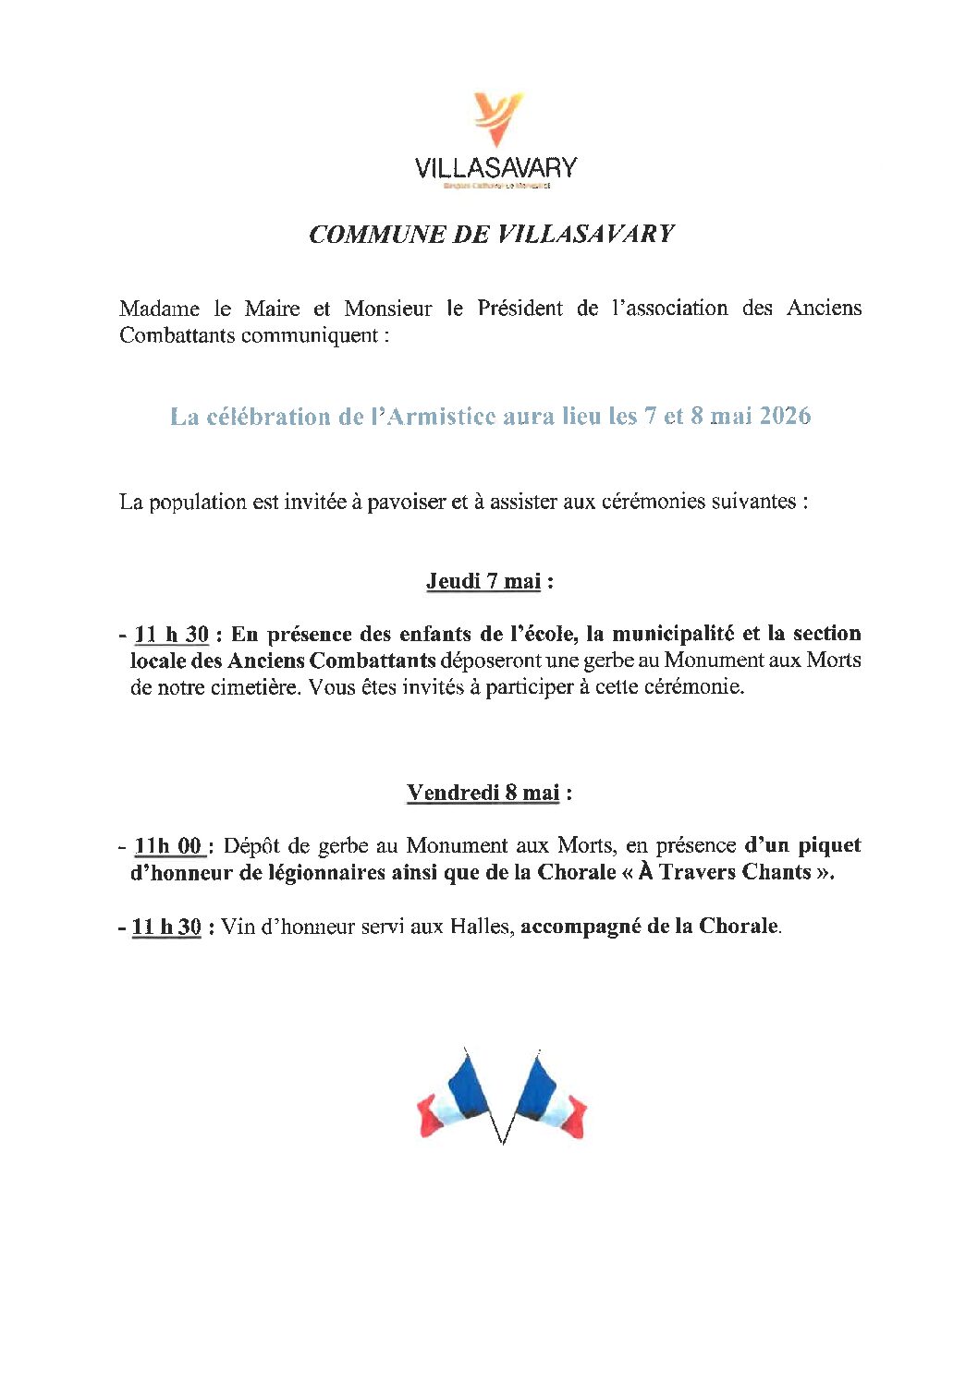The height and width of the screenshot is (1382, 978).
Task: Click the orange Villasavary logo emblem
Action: click(497, 117)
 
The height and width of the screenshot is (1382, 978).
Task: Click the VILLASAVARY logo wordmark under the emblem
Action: click(495, 167)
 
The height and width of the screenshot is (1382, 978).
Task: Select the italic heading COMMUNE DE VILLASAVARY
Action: click(491, 235)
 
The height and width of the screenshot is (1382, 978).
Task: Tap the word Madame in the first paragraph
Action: click(159, 309)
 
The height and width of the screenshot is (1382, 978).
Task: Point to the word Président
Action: click(520, 309)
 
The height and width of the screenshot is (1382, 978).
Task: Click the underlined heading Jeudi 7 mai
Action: click(483, 581)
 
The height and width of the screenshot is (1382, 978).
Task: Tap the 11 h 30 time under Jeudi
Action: click(171, 635)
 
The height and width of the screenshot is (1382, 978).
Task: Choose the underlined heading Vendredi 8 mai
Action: click(483, 793)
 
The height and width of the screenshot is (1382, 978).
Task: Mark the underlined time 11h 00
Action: click(168, 846)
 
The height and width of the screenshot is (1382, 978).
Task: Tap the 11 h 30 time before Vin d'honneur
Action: click(166, 927)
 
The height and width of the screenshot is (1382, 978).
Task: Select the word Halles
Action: click(482, 927)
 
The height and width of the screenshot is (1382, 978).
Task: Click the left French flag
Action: click(457, 1097)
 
